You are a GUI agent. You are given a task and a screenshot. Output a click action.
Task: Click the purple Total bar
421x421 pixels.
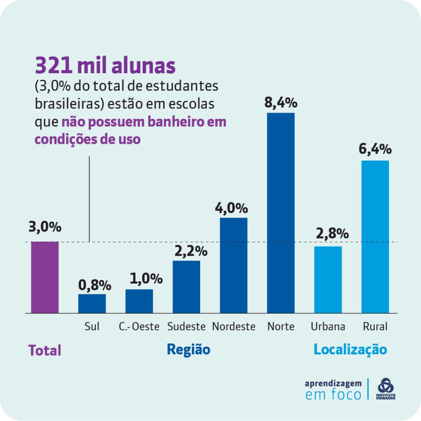click(44, 278)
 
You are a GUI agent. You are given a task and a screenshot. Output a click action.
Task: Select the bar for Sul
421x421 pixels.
click(92, 303)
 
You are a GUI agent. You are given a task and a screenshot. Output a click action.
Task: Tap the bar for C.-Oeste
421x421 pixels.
click(139, 301)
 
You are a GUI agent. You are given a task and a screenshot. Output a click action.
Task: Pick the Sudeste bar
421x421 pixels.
click(186, 287)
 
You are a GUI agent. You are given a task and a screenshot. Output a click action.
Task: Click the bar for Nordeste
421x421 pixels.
click(234, 265)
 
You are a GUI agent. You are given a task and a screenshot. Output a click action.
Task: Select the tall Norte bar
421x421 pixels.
click(281, 213)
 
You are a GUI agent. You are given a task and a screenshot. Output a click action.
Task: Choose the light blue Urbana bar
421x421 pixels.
click(328, 280)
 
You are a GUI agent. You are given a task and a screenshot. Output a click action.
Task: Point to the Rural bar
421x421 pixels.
click(375, 237)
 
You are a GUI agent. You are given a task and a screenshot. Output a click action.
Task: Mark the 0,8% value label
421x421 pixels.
click(95, 285)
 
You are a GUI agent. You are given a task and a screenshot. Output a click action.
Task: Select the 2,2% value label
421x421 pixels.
click(190, 250)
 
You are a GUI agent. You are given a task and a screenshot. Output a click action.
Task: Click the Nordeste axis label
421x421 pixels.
click(234, 327)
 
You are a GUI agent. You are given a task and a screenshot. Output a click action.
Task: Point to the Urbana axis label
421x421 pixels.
click(328, 327)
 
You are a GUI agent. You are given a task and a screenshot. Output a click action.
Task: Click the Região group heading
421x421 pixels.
click(188, 349)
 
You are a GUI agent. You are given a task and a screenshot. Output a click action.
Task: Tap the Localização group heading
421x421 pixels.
click(350, 349)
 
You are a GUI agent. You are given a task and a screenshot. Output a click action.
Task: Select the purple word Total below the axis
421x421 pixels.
click(44, 351)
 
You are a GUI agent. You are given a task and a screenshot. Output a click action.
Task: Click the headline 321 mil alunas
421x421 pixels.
click(105, 66)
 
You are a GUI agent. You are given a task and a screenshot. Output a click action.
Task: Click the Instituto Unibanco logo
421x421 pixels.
click(386, 389)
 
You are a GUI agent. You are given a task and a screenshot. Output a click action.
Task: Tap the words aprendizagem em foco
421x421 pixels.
click(333, 389)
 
